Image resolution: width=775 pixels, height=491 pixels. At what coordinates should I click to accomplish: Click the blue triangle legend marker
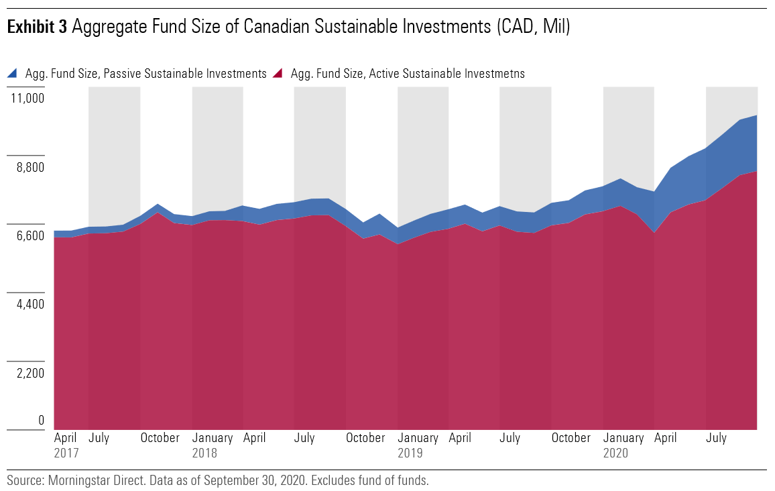(x=13, y=73)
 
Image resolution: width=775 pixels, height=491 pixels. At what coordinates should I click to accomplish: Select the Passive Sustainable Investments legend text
(x=145, y=74)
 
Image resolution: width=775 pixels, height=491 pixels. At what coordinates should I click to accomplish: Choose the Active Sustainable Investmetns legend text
(x=408, y=74)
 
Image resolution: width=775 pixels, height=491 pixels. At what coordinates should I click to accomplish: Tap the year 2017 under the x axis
(x=66, y=453)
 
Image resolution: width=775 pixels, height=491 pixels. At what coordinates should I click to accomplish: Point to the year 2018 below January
(x=204, y=453)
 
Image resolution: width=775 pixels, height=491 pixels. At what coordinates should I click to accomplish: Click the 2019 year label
(x=410, y=453)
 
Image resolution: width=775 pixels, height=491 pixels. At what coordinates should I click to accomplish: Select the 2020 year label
(x=615, y=453)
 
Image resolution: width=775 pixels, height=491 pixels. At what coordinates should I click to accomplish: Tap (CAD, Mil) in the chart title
(x=533, y=28)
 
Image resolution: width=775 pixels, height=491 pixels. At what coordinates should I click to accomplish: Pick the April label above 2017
(x=66, y=438)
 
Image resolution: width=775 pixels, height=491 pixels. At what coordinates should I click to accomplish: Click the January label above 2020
(x=623, y=438)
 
